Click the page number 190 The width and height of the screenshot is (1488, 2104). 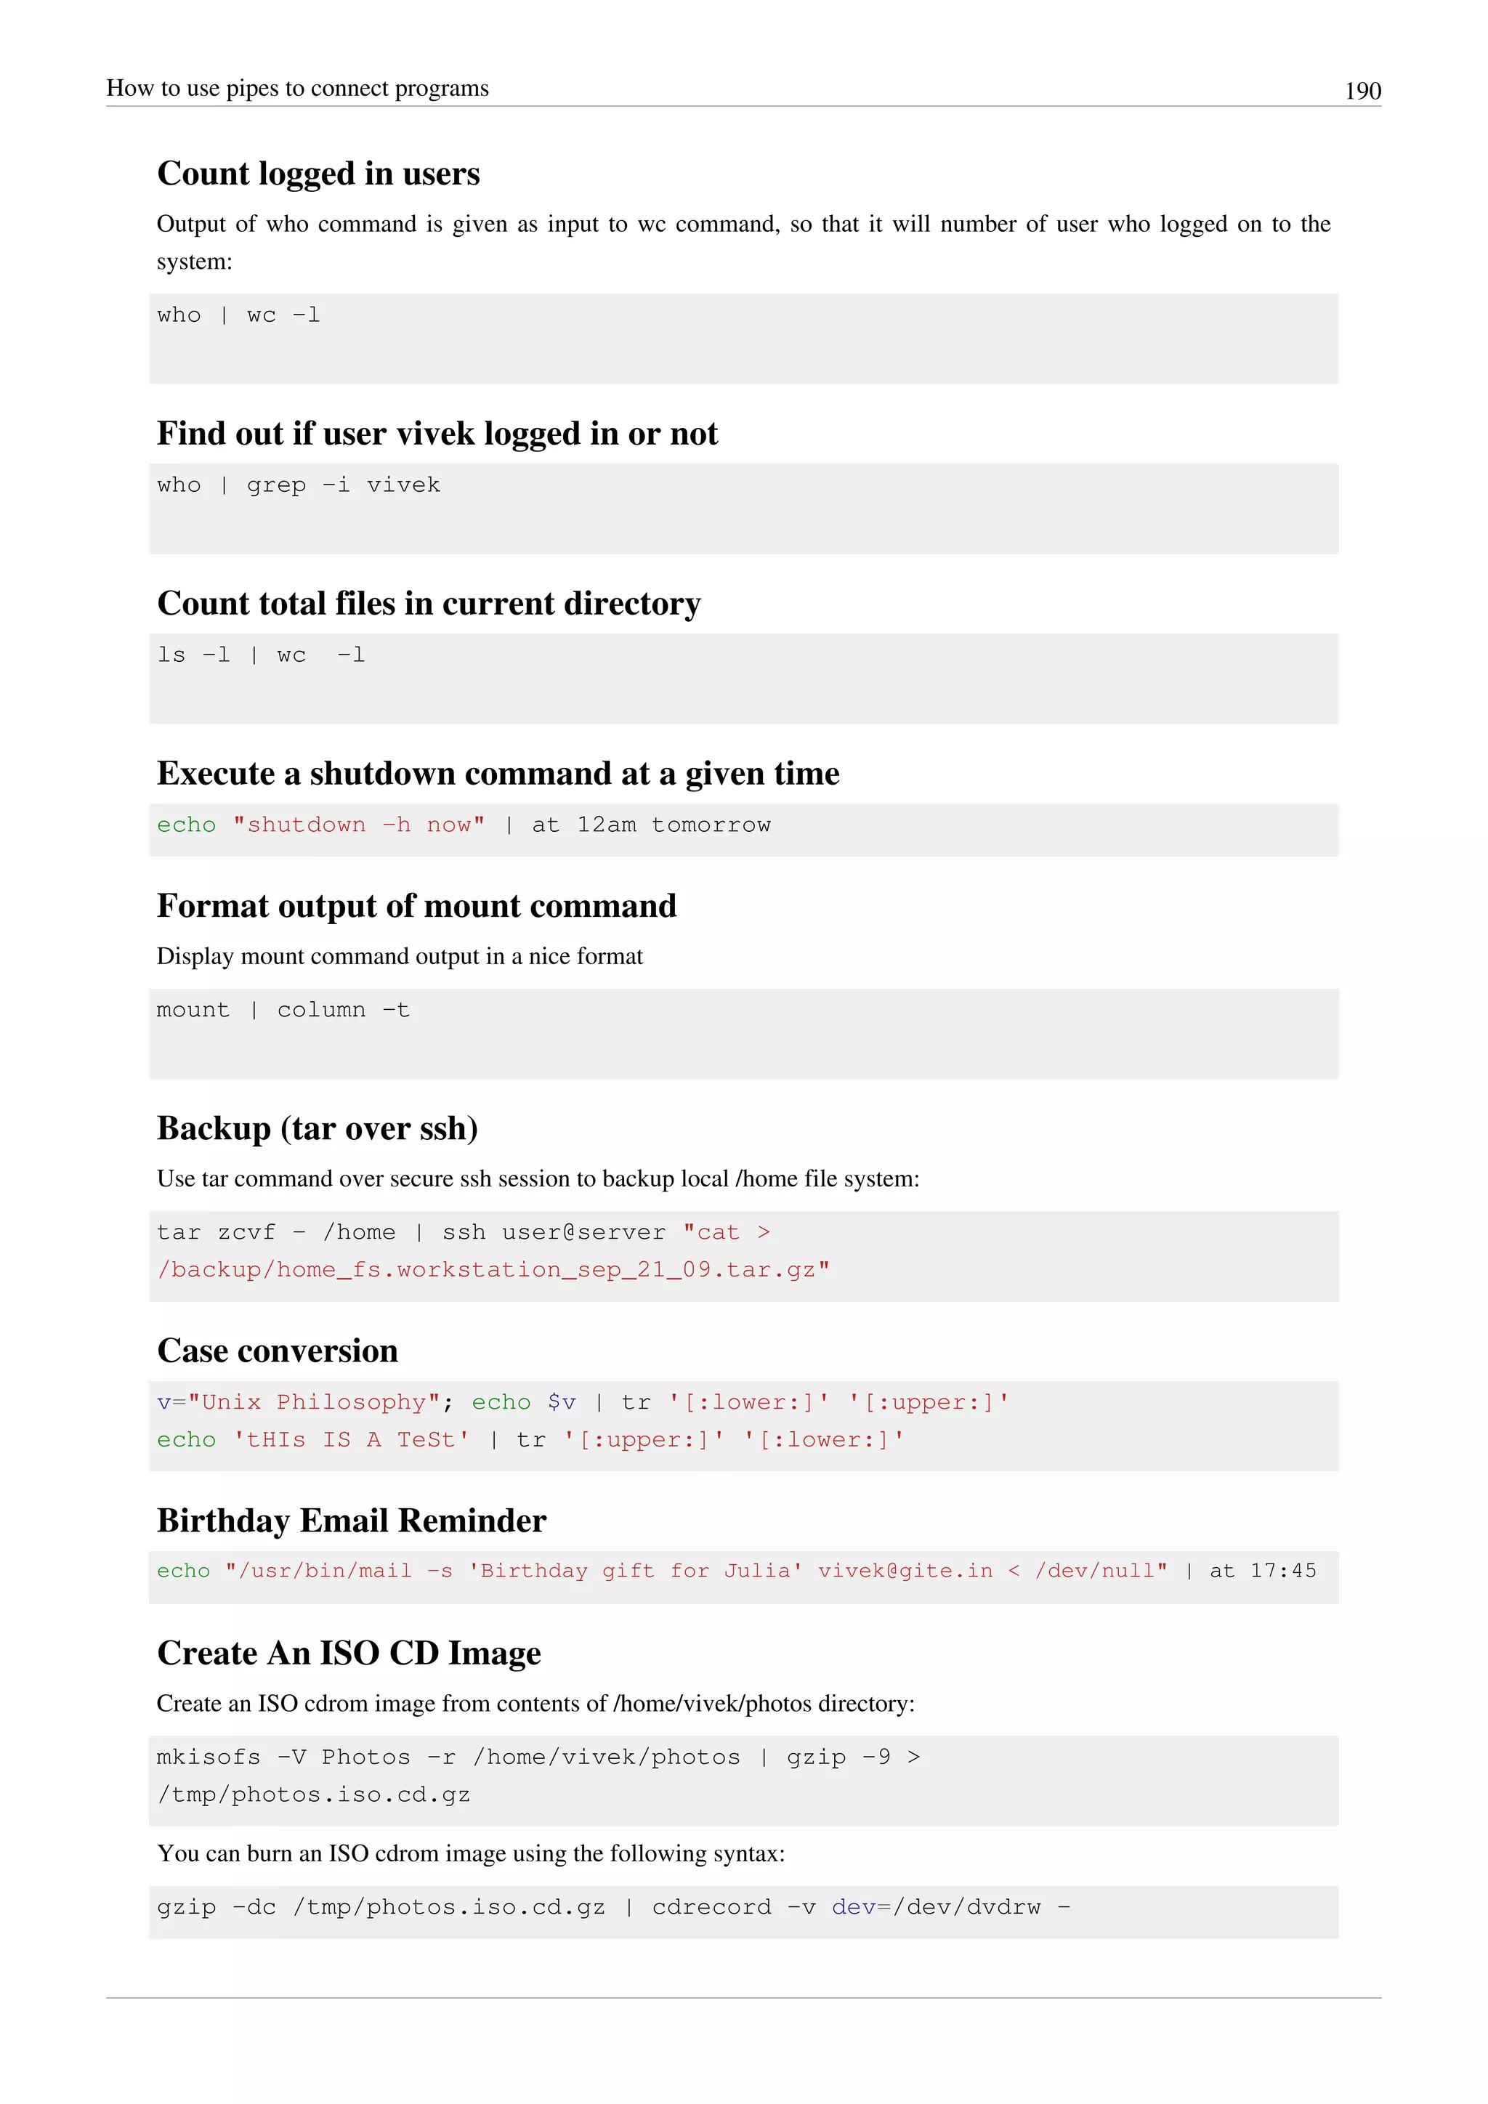pos(1362,91)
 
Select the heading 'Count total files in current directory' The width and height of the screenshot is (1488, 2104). pos(428,603)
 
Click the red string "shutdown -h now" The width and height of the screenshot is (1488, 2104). pos(358,825)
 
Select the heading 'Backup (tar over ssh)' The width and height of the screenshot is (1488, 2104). pos(317,1128)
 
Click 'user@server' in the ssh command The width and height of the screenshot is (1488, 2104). pos(583,1232)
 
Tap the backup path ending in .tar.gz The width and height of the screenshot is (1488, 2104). pos(493,1270)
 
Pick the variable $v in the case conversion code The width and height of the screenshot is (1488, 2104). pos(562,1402)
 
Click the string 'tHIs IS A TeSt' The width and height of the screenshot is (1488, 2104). pos(351,1440)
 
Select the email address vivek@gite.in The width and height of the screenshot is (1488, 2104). pos(905,1571)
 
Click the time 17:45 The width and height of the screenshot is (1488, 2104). pos(1283,1571)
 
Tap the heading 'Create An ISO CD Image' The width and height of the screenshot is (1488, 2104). pos(348,1653)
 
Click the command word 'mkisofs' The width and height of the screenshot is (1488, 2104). pos(208,1757)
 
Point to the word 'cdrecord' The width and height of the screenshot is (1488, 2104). pos(711,1907)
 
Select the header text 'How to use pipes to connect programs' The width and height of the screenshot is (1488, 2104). pos(297,88)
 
